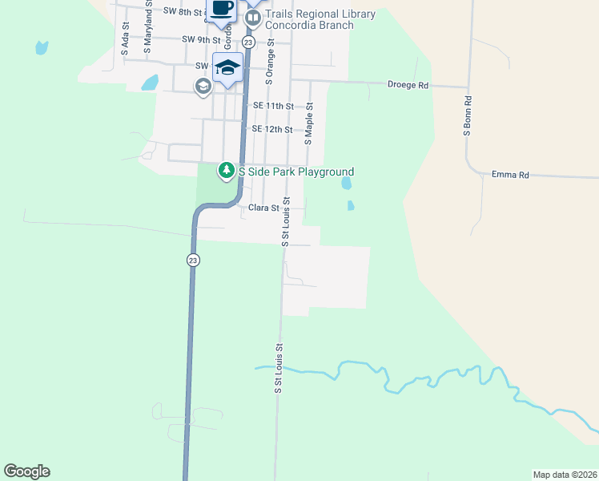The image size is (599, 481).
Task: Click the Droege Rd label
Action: click(x=408, y=84)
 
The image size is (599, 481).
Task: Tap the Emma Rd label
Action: click(x=511, y=174)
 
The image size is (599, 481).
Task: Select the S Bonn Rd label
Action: click(x=467, y=116)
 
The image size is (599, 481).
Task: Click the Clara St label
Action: click(x=263, y=208)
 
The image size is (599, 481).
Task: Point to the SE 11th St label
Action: click(x=273, y=106)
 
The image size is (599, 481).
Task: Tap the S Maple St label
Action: click(x=308, y=122)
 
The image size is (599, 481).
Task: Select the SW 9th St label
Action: click(x=200, y=39)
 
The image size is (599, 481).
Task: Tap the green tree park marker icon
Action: click(x=227, y=170)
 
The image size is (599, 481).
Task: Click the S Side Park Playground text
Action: click(x=295, y=172)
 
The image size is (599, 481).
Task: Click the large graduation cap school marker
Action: click(x=227, y=67)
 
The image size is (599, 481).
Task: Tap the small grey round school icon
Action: click(x=203, y=86)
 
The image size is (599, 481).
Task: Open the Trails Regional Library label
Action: click(x=320, y=14)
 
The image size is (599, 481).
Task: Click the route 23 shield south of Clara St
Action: click(x=193, y=260)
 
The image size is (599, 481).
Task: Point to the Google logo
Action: click(x=26, y=471)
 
